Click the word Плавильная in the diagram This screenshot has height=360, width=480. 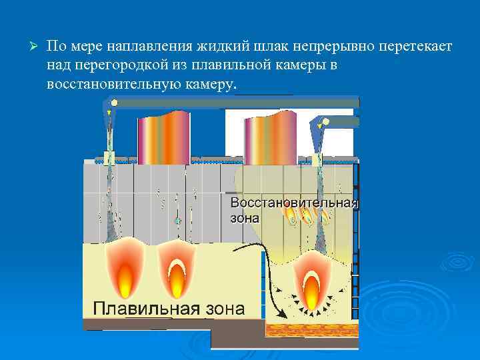point(146,309)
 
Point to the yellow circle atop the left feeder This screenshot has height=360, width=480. point(113,103)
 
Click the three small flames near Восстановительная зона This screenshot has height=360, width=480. point(307,215)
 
